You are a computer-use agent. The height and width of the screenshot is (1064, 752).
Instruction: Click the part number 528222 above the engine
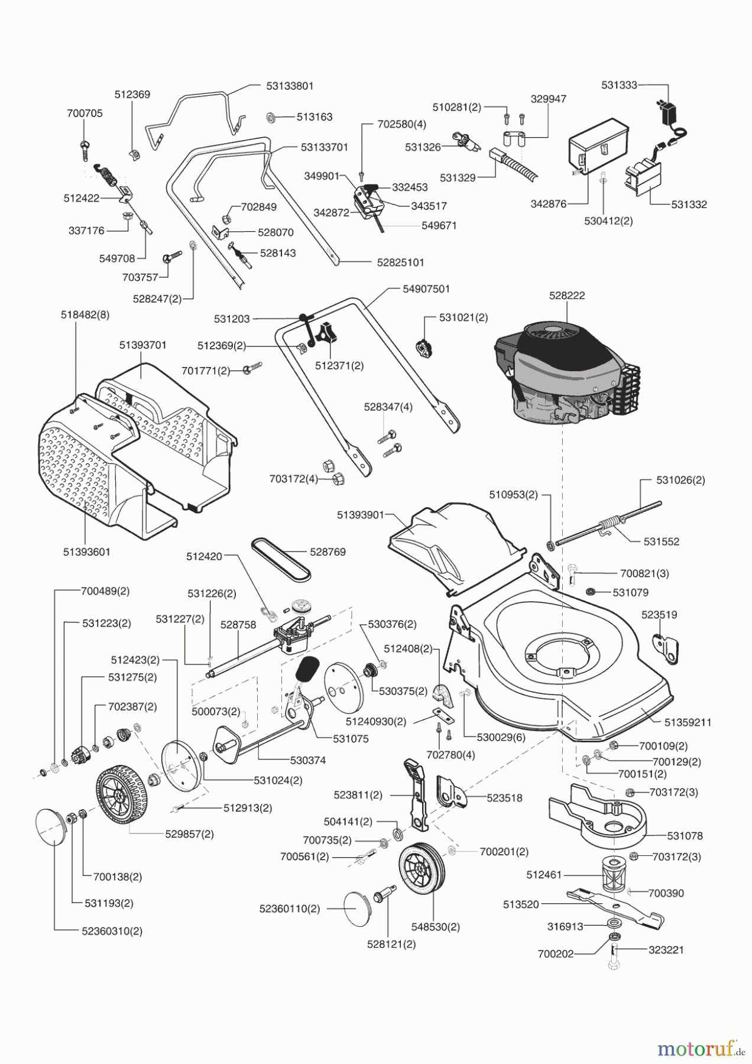(x=566, y=296)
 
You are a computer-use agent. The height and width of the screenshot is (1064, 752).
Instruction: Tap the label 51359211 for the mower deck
(x=688, y=722)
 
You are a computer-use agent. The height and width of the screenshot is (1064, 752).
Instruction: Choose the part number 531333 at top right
(x=619, y=85)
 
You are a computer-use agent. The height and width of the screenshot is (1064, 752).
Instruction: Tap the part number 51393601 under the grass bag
(x=86, y=552)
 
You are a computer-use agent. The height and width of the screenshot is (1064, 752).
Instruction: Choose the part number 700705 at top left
(x=85, y=113)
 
